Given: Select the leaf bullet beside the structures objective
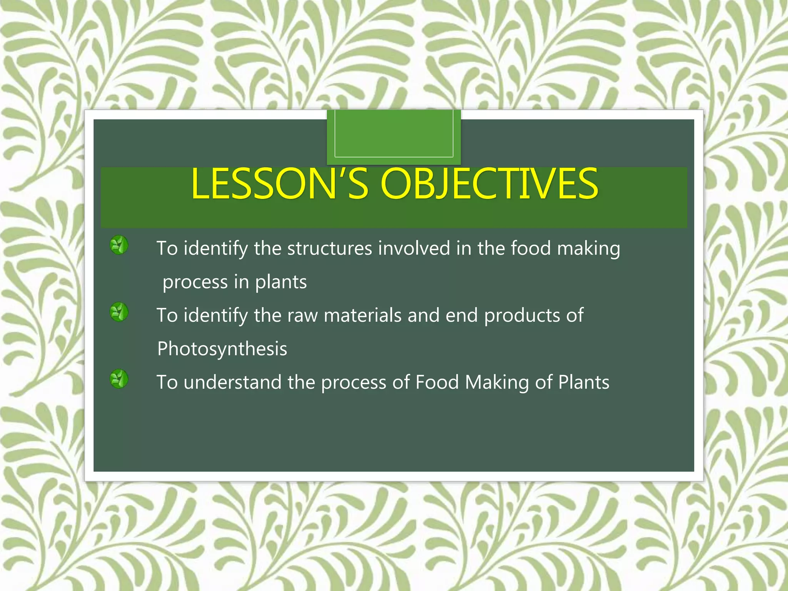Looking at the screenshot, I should pos(119,245).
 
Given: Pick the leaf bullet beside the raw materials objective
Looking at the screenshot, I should pos(119,312).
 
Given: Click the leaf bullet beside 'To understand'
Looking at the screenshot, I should pos(119,379).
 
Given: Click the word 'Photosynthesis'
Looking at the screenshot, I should pos(222,349).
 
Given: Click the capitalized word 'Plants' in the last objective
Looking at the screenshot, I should pos(584,382).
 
